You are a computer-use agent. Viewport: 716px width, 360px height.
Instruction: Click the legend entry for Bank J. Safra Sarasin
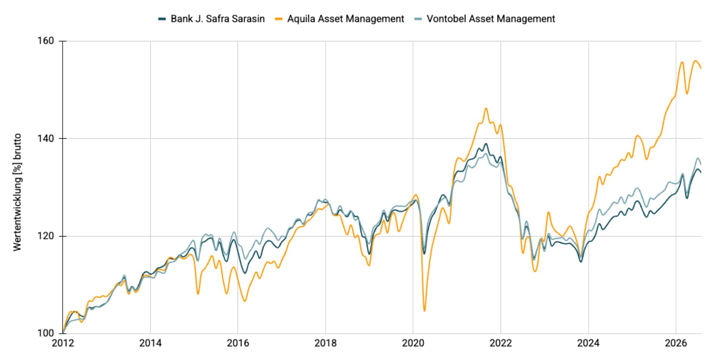[x=212, y=19]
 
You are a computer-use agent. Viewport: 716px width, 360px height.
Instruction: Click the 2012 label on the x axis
[x=63, y=343]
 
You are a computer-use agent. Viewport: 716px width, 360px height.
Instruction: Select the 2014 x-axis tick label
[x=150, y=343]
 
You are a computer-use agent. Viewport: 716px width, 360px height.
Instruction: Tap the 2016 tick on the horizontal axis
[x=238, y=343]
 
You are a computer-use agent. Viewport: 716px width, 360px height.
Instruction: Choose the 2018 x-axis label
[x=326, y=343]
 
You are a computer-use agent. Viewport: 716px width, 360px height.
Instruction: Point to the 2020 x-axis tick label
[x=413, y=343]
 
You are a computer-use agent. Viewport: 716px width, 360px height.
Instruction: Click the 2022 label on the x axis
[x=501, y=343]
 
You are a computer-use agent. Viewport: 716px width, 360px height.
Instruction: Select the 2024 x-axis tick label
[x=589, y=343]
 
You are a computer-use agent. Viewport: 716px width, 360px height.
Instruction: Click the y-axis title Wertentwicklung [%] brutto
[x=17, y=192]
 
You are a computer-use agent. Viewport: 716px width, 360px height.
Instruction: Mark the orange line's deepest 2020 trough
[x=424, y=311]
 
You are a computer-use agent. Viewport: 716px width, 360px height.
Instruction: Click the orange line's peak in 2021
[x=486, y=108]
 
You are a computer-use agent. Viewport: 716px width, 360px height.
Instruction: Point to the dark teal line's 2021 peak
[x=485, y=144]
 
